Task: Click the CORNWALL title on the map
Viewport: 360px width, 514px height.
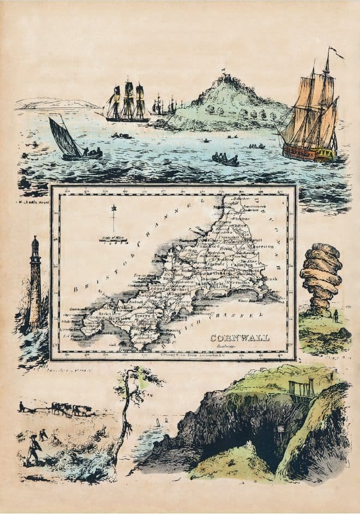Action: point(239,338)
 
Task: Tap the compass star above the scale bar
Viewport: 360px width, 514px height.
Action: point(114,208)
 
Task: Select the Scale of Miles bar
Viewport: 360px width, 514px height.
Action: point(113,239)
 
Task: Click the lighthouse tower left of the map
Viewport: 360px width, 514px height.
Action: point(35,284)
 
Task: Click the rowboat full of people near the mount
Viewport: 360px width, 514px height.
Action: point(226,159)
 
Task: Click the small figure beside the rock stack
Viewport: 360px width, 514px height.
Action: point(336,315)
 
